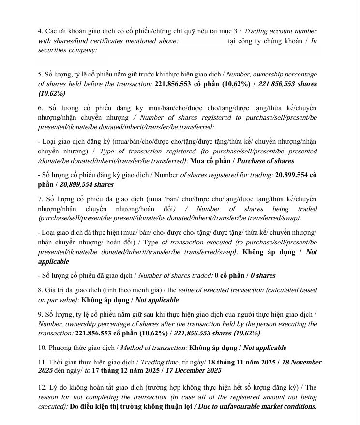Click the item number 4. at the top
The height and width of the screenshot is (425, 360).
(x=41, y=31)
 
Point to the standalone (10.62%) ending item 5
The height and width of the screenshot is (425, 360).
(x=52, y=93)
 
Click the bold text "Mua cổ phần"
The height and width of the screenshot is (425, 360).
(x=211, y=161)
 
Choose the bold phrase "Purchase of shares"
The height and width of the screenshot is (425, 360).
(x=265, y=161)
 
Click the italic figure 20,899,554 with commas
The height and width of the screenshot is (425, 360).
(x=76, y=184)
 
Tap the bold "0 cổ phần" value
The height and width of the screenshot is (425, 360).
(x=229, y=275)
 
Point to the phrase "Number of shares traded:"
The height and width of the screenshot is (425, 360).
(x=176, y=275)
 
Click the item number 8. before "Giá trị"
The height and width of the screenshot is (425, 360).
(x=41, y=290)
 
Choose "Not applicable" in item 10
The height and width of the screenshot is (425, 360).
(x=264, y=348)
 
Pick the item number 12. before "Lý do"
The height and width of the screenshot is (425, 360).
(x=42, y=388)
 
